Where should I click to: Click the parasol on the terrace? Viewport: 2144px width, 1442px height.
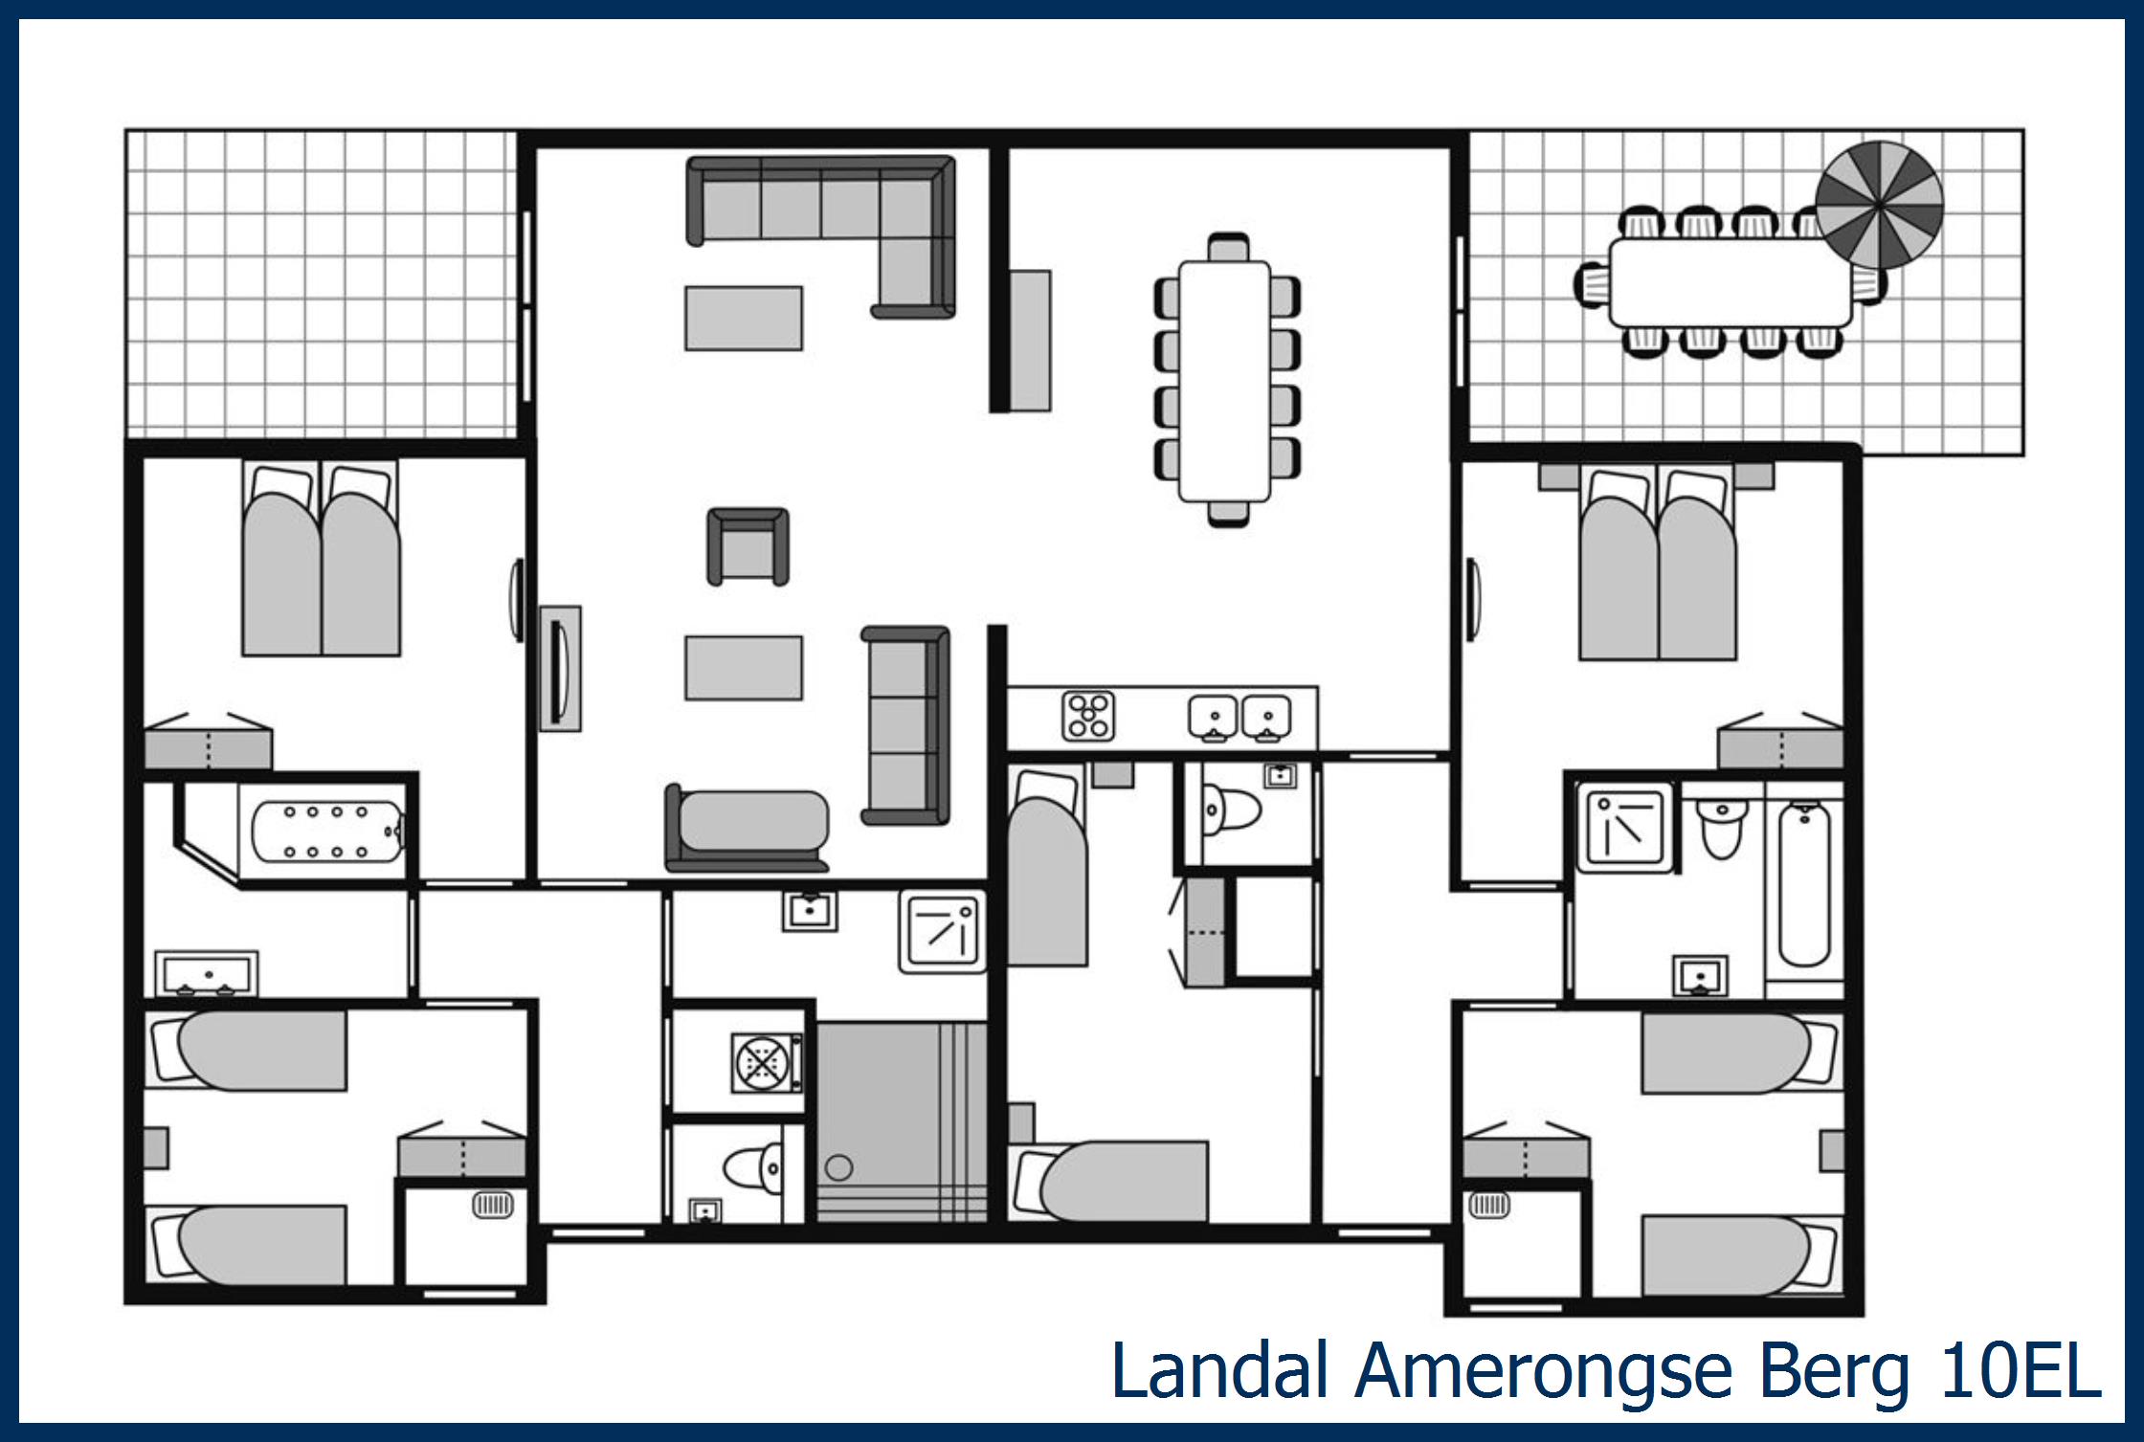[x=1879, y=205]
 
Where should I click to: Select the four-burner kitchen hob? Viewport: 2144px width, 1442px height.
[x=1088, y=716]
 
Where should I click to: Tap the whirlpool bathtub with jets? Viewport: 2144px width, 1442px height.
[x=325, y=832]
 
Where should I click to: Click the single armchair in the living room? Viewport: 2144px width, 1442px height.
[x=748, y=546]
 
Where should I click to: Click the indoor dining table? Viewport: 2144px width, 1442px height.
[x=1224, y=381]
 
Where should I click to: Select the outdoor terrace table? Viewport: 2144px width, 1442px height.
[x=1730, y=283]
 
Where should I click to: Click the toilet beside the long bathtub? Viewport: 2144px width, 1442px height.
[x=1720, y=826]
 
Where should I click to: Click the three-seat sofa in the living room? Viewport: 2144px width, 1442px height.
[x=904, y=725]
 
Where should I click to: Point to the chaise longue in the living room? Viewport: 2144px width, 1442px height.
[x=747, y=829]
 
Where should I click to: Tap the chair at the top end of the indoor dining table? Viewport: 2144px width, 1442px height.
[x=1228, y=248]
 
